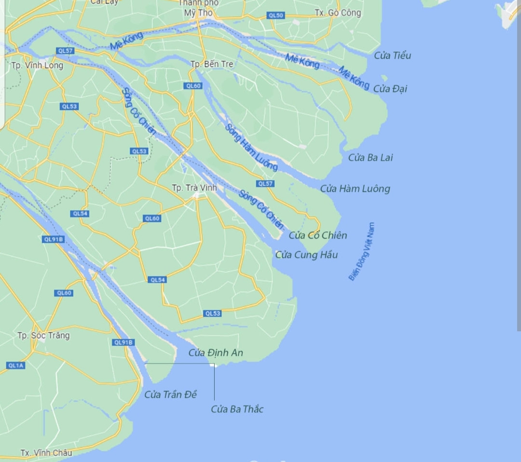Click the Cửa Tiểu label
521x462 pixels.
click(x=393, y=55)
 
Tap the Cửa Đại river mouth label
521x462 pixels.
click(x=390, y=89)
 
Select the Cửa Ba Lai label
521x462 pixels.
click(x=370, y=158)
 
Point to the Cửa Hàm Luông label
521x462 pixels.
click(x=355, y=189)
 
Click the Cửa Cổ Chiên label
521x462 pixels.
click(x=318, y=235)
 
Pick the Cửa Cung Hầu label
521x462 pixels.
click(x=306, y=255)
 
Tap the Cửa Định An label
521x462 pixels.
click(x=216, y=353)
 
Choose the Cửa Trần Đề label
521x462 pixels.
click(x=171, y=394)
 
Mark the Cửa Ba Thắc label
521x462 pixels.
click(x=237, y=409)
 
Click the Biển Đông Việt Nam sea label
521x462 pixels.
click(x=362, y=251)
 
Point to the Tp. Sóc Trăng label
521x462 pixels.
click(x=43, y=335)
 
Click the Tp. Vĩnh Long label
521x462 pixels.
click(x=38, y=66)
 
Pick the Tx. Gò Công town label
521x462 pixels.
click(x=338, y=13)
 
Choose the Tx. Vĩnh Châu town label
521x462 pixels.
click(x=46, y=453)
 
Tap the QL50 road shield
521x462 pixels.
click(x=276, y=15)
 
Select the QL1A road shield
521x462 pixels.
click(x=15, y=366)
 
